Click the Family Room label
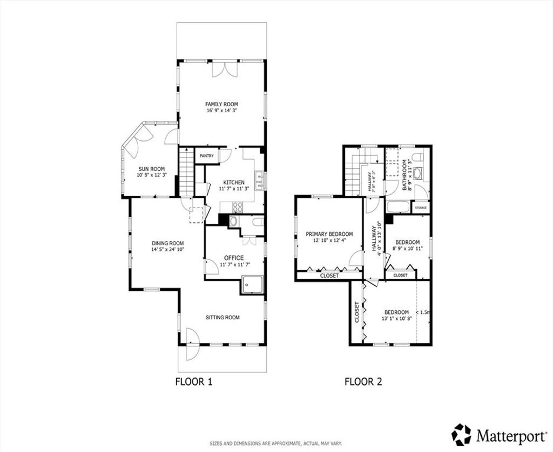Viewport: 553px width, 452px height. (x=221, y=104)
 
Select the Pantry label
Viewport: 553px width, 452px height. (x=207, y=156)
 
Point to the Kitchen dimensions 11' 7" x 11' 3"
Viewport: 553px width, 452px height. (x=234, y=188)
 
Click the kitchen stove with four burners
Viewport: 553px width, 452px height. (x=238, y=207)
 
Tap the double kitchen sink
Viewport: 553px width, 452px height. (x=260, y=180)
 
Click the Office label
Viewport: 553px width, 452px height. (x=234, y=258)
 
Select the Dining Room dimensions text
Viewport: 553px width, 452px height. (x=168, y=249)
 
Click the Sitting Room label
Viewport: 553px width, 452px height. (x=222, y=317)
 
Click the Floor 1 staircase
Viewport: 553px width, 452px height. (x=186, y=172)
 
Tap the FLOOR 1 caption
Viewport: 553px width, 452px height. (x=194, y=381)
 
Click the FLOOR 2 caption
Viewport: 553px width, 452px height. (x=363, y=381)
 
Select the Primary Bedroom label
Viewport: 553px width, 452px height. (x=329, y=234)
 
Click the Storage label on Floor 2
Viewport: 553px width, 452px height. (x=421, y=208)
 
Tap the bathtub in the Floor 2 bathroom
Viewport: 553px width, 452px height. (x=398, y=207)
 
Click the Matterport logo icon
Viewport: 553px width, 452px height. (x=462, y=434)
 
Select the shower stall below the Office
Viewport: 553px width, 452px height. (x=252, y=285)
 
